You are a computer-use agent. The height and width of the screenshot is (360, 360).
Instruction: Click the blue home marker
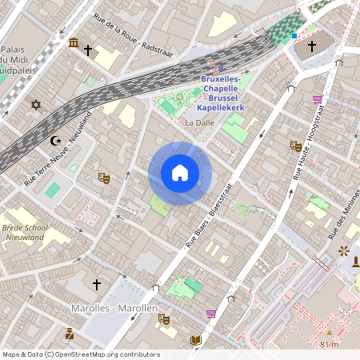pyautogui.click(x=180, y=173)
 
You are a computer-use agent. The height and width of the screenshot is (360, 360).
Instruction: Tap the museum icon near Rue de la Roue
pyautogui.click(x=74, y=42)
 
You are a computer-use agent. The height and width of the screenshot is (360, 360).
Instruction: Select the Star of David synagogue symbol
pyautogui.click(x=35, y=104)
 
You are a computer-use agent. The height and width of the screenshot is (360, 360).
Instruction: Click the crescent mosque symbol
pyautogui.click(x=55, y=141)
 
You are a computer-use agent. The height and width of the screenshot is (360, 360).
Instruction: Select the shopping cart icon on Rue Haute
pyautogui.click(x=318, y=100)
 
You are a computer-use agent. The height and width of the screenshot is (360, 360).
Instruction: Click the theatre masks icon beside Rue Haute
pyautogui.click(x=295, y=146)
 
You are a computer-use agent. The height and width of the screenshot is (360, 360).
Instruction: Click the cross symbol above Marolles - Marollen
pyautogui.click(x=97, y=284)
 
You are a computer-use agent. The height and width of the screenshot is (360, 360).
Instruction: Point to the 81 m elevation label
pyautogui.click(x=329, y=344)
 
